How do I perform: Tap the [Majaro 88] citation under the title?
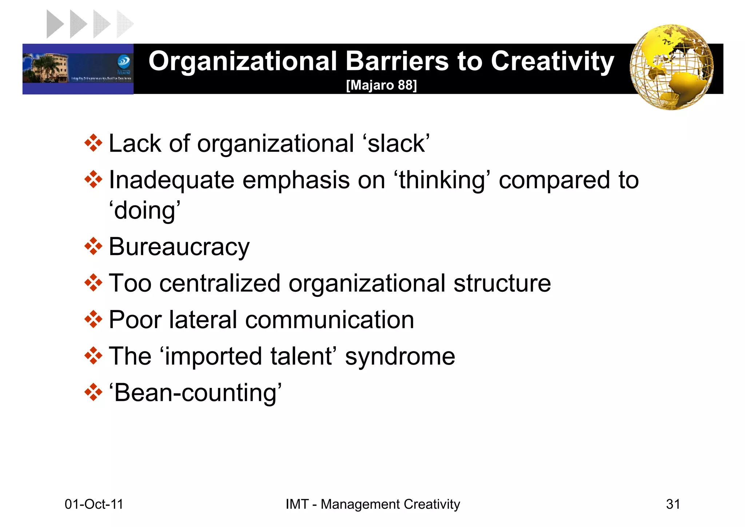point(381,85)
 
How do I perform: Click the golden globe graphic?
point(672,67)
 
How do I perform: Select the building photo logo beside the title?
point(78,69)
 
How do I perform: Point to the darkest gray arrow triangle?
point(55,24)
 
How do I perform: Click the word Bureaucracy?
point(179,247)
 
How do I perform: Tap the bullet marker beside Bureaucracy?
point(93,247)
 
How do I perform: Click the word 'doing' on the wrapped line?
point(145,211)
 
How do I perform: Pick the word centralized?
point(220,283)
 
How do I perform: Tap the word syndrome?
point(400,356)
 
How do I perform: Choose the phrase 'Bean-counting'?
point(195,393)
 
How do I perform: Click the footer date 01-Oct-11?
point(94,504)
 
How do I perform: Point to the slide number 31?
point(673,504)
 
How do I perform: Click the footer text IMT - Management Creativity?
point(372,504)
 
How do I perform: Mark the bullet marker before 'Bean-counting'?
point(93,392)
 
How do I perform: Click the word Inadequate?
point(172,180)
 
